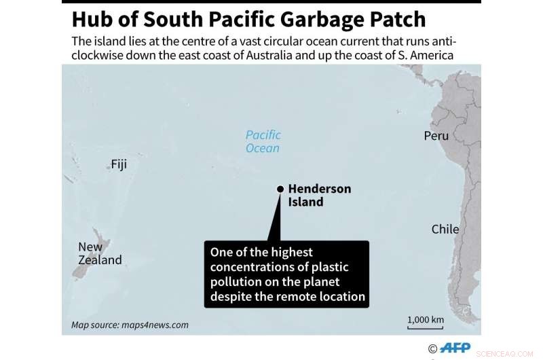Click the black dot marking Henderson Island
pyautogui.click(x=280, y=189)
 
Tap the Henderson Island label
pyautogui.click(x=319, y=195)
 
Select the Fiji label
pyautogui.click(x=119, y=164)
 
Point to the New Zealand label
pyautogui.click(x=100, y=253)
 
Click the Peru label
pyautogui.click(x=436, y=136)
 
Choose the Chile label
pyautogui.click(x=445, y=230)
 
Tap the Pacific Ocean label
pyautogui.click(x=263, y=141)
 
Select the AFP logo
pyautogui.click(x=454, y=348)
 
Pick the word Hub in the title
pyautogui.click(x=92, y=19)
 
